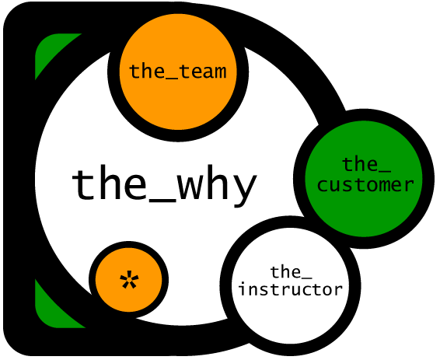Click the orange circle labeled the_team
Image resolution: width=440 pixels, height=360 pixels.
tap(178, 72)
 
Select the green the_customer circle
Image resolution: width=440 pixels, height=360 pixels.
tap(364, 179)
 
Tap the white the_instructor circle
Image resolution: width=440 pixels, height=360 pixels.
tap(291, 286)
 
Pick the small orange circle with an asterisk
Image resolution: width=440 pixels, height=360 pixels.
tap(129, 281)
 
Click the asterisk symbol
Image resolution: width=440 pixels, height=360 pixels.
tap(129, 279)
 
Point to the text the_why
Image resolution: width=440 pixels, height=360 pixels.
tap(165, 186)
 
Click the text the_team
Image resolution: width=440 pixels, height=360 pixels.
tap(177, 72)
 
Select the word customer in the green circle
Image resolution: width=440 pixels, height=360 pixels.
tap(365, 185)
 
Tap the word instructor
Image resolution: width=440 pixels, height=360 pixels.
tap(291, 289)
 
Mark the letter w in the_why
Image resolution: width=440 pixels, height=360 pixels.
tap(191, 187)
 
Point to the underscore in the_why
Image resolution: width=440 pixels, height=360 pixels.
tap(162, 201)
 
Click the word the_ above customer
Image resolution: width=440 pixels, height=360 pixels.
tap(366, 165)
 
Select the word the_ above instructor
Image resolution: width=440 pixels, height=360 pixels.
tap(291, 272)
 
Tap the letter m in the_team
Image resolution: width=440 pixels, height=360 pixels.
tap(218, 72)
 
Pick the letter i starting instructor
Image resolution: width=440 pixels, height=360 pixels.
tap(243, 289)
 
